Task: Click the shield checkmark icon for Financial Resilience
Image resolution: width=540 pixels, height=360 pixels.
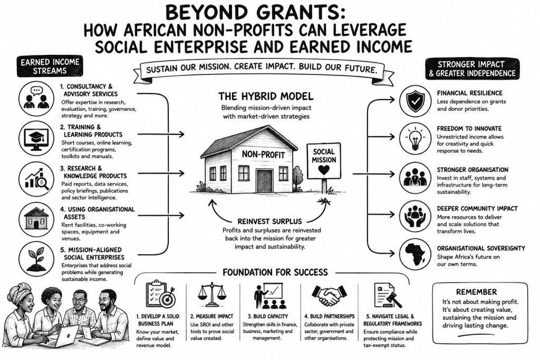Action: pyautogui.click(x=415, y=101)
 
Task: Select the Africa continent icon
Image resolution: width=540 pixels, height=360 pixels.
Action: pyautogui.click(x=416, y=254)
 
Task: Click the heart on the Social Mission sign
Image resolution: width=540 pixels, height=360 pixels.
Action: pyautogui.click(x=324, y=170)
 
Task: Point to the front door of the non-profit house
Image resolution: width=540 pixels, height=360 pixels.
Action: pyautogui.click(x=264, y=181)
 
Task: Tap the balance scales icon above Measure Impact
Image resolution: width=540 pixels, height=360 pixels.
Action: pyautogui.click(x=212, y=295)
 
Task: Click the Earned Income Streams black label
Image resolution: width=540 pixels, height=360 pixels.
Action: pyautogui.click(x=50, y=66)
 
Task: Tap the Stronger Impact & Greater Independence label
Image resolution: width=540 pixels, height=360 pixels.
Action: pyautogui.click(x=472, y=69)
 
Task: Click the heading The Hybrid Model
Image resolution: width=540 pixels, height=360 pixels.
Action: pyautogui.click(x=266, y=96)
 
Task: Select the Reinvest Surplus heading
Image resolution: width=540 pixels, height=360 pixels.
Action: pyautogui.click(x=269, y=221)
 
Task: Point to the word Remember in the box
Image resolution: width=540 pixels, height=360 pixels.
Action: pyautogui.click(x=476, y=292)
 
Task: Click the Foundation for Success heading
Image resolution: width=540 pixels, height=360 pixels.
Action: pyautogui.click(x=275, y=273)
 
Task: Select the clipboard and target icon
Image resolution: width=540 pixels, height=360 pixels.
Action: pyautogui.click(x=160, y=295)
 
